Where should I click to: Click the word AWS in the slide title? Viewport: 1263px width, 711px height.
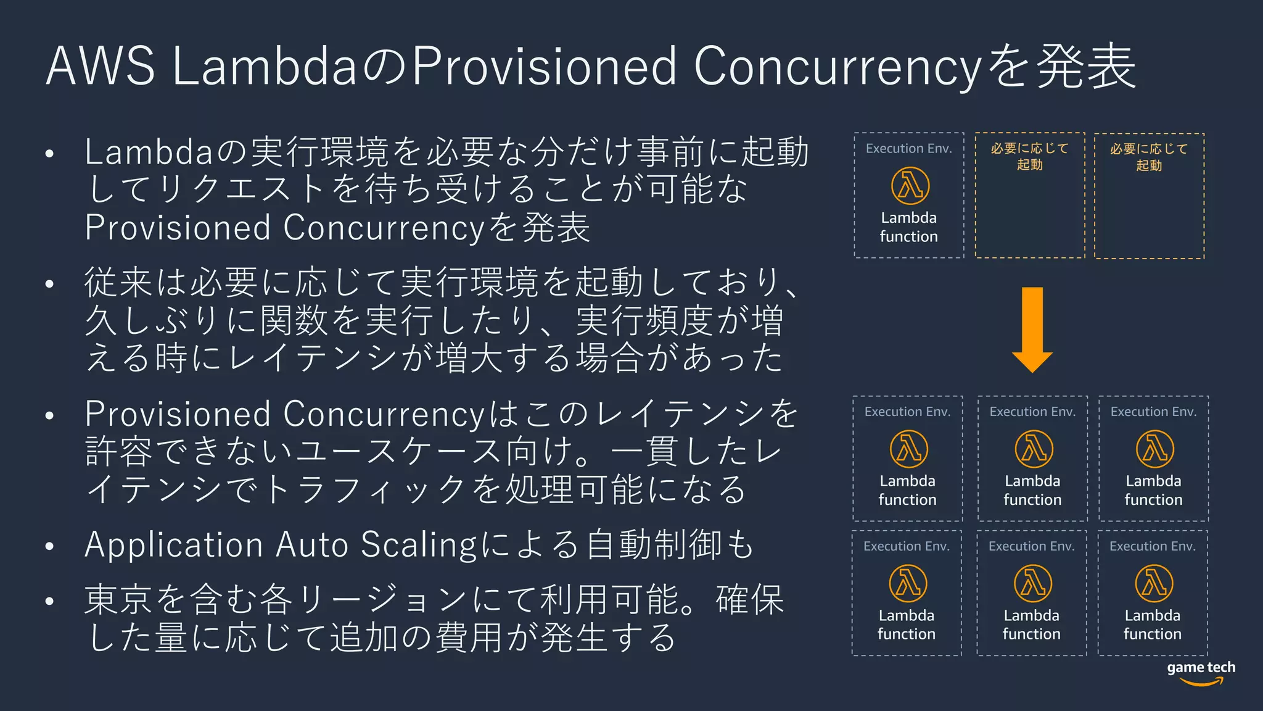[101, 65]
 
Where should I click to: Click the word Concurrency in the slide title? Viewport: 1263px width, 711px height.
[837, 67]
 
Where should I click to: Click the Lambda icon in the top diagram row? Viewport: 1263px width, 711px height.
[910, 185]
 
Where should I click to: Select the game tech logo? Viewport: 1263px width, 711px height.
[1201, 673]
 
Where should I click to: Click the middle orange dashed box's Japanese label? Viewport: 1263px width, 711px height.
[1029, 156]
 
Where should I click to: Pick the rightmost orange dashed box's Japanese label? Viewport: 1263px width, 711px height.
[1149, 157]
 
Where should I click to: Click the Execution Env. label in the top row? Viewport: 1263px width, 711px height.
[908, 148]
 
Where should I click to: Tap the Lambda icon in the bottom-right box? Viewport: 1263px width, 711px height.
[1153, 583]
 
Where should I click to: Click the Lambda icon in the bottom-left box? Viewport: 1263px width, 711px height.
[907, 583]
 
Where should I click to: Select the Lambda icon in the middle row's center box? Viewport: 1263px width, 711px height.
[1034, 449]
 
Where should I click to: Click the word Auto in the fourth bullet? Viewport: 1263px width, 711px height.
[312, 545]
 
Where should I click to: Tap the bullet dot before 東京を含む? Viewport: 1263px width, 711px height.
[50, 601]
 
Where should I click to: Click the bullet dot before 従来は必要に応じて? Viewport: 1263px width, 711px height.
[50, 284]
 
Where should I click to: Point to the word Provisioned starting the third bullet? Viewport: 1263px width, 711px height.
[178, 414]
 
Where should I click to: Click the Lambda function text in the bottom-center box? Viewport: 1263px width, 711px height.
[1031, 624]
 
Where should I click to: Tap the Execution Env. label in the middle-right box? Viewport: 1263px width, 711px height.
[1153, 412]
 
